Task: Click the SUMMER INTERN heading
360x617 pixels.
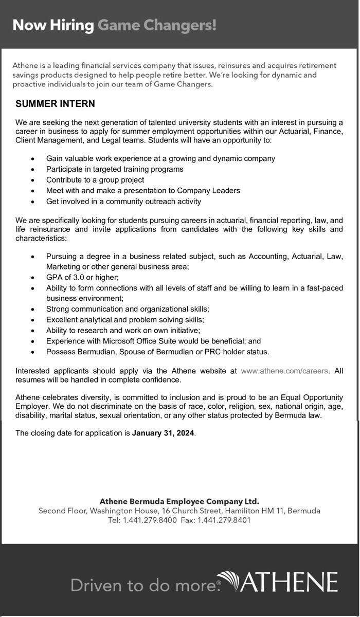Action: (x=55, y=104)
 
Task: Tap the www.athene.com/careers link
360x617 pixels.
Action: (x=284, y=370)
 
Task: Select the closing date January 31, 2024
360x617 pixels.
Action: (x=163, y=433)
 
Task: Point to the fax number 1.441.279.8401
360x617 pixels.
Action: (x=225, y=520)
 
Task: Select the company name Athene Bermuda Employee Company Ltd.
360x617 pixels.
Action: (x=179, y=501)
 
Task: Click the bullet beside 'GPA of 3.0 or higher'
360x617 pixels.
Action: (x=33, y=277)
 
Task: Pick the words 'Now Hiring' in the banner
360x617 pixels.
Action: (x=53, y=25)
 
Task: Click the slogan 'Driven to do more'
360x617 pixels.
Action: (x=142, y=585)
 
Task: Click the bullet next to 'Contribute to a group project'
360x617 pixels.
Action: (x=33, y=180)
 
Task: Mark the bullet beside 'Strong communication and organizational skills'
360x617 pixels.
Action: (x=33, y=309)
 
